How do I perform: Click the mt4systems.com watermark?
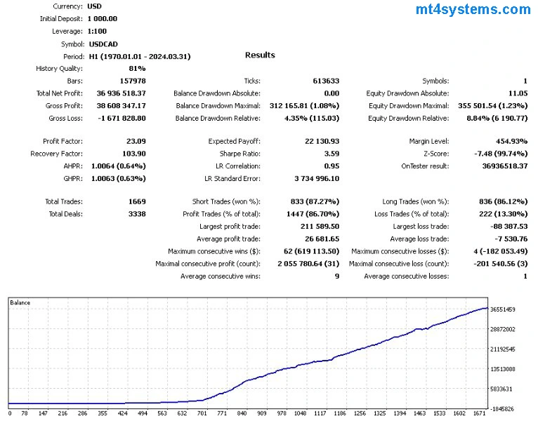pyautogui.click(x=473, y=10)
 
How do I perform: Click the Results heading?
pyautogui.click(x=260, y=55)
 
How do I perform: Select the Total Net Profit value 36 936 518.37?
pyautogui.click(x=117, y=93)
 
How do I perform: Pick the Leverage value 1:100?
pyautogui.click(x=99, y=32)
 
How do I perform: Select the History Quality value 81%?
pyautogui.click(x=137, y=68)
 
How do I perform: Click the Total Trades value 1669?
pyautogui.click(x=136, y=201)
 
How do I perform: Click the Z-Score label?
pyautogui.click(x=433, y=154)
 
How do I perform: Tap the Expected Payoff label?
pyautogui.click(x=234, y=141)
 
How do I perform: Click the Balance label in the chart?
pyautogui.click(x=20, y=302)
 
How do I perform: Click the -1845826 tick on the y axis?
pyautogui.click(x=503, y=408)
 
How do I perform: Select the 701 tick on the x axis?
pyautogui.click(x=203, y=414)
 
